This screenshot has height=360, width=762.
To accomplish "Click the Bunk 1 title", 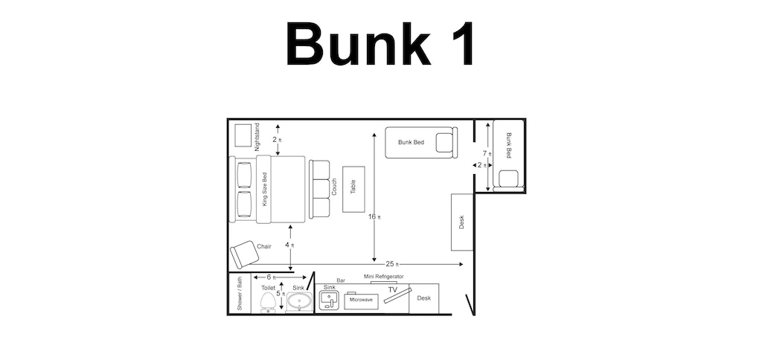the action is pyautogui.click(x=380, y=44).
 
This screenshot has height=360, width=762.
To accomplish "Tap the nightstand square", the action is pyautogui.click(x=243, y=135).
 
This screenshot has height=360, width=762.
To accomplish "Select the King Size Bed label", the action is pyautogui.click(x=264, y=189).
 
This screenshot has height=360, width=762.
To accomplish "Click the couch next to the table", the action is pyautogui.click(x=320, y=189).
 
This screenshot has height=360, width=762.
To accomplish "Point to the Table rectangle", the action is pyautogui.click(x=353, y=189).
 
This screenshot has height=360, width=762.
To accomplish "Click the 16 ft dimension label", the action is pyautogui.click(x=374, y=216).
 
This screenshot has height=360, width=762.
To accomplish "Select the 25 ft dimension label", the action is pyautogui.click(x=392, y=264).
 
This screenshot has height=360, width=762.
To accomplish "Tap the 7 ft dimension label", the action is pyautogui.click(x=487, y=153).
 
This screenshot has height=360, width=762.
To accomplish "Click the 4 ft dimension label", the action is pyautogui.click(x=289, y=245).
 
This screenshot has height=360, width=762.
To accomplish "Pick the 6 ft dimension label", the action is pyautogui.click(x=271, y=277).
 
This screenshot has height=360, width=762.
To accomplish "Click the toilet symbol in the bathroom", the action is pyautogui.click(x=268, y=303).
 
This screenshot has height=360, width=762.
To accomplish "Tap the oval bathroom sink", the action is pyautogui.click(x=298, y=302).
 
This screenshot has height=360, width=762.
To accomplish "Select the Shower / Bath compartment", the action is pyautogui.click(x=240, y=294).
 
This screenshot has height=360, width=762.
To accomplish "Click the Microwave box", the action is pyautogui.click(x=361, y=300).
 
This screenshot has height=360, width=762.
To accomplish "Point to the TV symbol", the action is pyautogui.click(x=397, y=295).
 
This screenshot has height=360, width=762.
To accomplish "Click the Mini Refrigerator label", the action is pyautogui.click(x=383, y=277).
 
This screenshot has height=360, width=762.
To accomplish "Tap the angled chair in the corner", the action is pyautogui.click(x=244, y=254).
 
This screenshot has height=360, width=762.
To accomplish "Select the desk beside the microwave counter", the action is pyautogui.click(x=423, y=298).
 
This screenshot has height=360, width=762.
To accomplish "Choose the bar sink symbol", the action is pyautogui.click(x=329, y=300).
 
